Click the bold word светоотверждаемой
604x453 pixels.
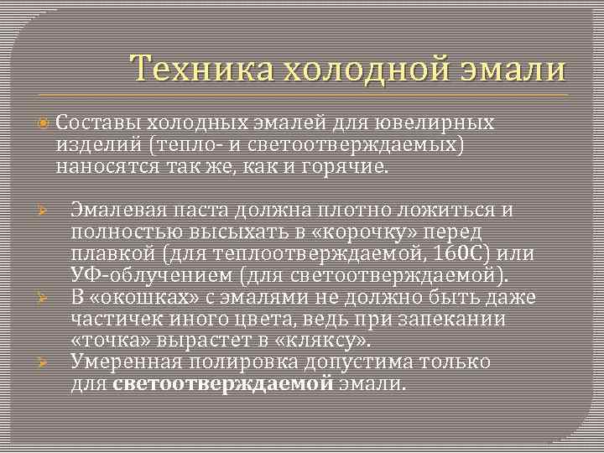[x=222, y=384]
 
